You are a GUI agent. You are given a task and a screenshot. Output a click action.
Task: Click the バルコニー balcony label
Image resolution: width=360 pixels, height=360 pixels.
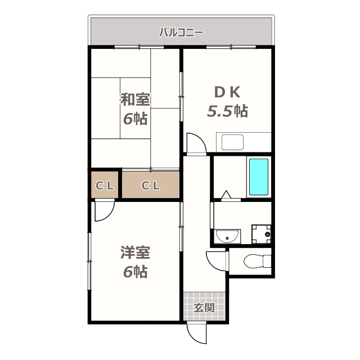coord(181,31)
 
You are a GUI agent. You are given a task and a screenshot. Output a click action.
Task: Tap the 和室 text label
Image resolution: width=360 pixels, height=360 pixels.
coord(135,100)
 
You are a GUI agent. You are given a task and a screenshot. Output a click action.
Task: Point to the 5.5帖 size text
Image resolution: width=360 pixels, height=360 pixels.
coord(227,111)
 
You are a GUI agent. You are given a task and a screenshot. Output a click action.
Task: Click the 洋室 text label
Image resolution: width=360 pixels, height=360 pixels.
coord(135,253)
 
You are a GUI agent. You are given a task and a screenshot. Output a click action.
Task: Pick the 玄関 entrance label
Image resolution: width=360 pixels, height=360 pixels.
coord(204,308)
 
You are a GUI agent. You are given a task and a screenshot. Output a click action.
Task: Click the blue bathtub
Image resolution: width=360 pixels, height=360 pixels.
coord(259,177)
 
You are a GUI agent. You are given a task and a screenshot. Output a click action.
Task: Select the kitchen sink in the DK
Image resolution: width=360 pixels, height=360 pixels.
coord(232,142)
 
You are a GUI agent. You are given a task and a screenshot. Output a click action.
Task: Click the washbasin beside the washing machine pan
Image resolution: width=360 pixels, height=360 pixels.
coord(227,236)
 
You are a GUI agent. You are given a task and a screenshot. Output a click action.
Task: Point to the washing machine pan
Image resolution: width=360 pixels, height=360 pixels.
coord(261,234)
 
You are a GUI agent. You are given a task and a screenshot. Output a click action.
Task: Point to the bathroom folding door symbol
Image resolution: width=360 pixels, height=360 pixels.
coord(227,195)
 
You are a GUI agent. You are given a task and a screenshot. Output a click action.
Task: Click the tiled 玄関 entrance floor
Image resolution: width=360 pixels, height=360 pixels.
coord(204,307)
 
